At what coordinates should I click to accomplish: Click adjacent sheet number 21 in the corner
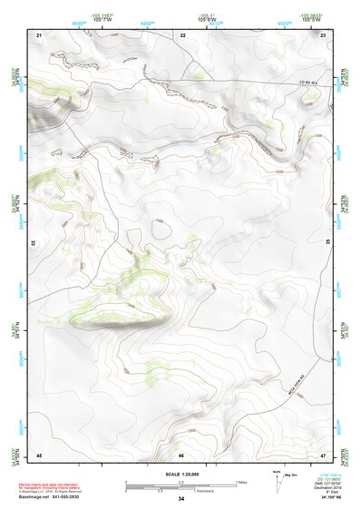coord(39,34)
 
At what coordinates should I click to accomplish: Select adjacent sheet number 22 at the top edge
coord(182,34)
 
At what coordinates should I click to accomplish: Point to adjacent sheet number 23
coord(324,34)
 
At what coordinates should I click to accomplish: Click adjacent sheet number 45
coord(39,455)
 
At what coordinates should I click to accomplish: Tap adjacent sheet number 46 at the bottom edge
coord(181,455)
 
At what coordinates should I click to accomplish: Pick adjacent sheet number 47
coord(324,455)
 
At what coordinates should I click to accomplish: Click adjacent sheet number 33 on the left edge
coord(34,243)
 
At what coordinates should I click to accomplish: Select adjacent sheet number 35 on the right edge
coord(328,243)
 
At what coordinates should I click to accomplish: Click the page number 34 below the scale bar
coord(181,499)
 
